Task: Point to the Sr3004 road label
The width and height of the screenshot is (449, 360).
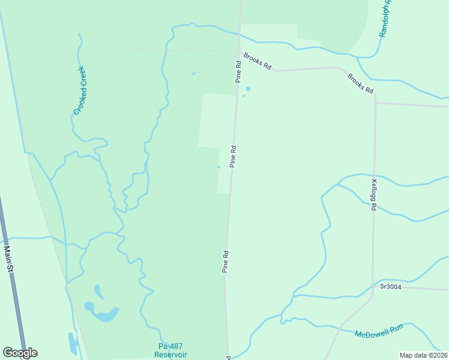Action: click(391, 287)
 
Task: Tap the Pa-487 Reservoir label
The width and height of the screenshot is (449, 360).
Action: click(170, 350)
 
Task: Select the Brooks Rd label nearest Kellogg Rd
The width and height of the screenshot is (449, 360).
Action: click(360, 83)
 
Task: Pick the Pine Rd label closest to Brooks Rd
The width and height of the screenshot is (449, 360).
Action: click(238, 71)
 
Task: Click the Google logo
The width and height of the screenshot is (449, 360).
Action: click(20, 353)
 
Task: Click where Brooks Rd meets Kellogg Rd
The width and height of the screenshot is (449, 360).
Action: click(376, 102)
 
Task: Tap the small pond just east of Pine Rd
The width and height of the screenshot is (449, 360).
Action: click(248, 90)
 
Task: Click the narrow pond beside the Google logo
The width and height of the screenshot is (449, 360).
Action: click(73, 343)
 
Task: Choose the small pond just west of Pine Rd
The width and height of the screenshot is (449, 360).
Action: click(218, 167)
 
